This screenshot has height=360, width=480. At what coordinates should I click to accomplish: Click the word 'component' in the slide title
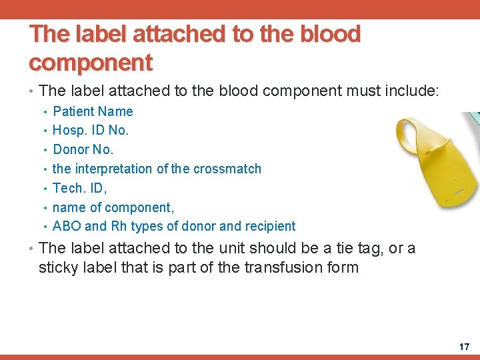(x=91, y=62)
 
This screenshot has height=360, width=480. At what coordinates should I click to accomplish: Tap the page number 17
(x=464, y=347)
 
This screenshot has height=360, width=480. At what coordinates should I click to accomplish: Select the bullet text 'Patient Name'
(x=93, y=111)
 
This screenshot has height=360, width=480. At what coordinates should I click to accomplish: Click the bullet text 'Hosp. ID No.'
(x=90, y=130)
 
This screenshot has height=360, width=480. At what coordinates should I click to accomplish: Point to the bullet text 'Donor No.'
(x=83, y=149)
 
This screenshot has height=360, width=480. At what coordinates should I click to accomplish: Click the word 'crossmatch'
(x=227, y=169)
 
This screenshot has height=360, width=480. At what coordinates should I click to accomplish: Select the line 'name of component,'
(x=113, y=207)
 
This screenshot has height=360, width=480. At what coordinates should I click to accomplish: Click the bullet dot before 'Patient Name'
(x=44, y=112)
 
